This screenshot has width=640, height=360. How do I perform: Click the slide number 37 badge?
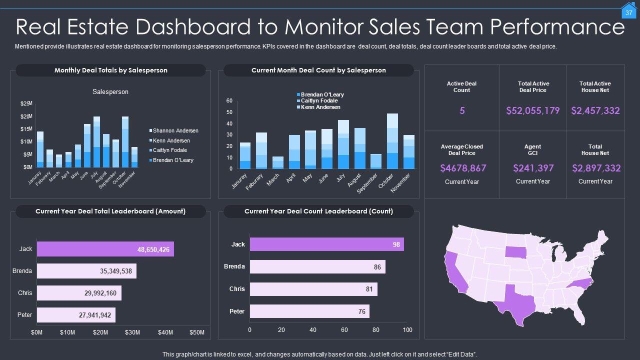click(x=628, y=12)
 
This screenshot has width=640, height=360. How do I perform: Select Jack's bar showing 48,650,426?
click(x=105, y=249)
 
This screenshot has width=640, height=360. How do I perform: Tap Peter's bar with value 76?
click(x=309, y=311)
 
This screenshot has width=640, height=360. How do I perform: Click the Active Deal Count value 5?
click(x=462, y=110)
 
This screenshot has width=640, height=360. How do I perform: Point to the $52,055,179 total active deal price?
click(x=532, y=110)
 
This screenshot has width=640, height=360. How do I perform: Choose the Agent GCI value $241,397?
click(x=532, y=168)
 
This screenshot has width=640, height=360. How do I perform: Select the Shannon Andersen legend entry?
click(x=175, y=130)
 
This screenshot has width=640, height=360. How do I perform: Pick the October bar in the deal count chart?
click(x=392, y=141)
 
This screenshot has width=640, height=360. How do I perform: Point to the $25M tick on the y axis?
click(x=26, y=103)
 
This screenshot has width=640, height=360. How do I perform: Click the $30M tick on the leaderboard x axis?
click(x=132, y=332)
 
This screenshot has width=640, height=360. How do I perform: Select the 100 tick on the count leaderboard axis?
click(x=407, y=330)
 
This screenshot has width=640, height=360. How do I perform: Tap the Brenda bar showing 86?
click(x=317, y=267)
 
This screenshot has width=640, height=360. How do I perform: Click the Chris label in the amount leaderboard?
click(x=25, y=293)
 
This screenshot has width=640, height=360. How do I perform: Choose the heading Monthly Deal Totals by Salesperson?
click(x=110, y=70)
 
